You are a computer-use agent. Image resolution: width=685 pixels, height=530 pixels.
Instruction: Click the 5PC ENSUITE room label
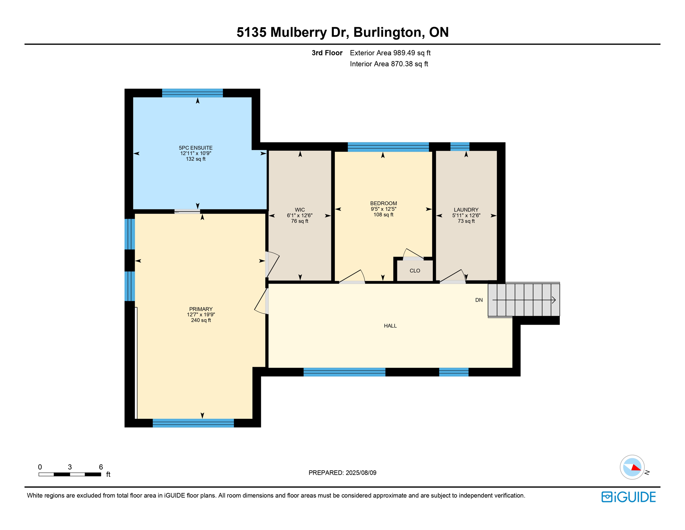(x=195, y=148)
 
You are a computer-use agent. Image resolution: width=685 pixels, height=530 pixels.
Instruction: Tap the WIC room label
(x=300, y=210)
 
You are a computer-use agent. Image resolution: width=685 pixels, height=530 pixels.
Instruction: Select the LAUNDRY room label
(x=466, y=210)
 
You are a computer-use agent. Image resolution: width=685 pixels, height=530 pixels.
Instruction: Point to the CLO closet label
(x=415, y=271)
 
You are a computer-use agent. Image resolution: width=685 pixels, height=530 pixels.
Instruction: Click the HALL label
(x=390, y=326)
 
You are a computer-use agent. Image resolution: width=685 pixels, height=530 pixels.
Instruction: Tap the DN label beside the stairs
(x=479, y=300)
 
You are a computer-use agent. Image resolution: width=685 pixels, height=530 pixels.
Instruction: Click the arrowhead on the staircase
(x=553, y=300)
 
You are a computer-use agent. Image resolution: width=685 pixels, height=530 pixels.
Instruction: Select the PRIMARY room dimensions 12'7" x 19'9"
(x=201, y=315)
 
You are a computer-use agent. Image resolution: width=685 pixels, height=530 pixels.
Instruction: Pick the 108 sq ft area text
(x=383, y=215)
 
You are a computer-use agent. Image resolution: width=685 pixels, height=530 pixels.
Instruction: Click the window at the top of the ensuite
(x=192, y=93)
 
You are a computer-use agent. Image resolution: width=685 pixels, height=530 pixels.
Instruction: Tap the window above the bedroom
(x=388, y=147)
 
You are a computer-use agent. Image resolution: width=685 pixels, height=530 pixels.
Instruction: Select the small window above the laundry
(x=460, y=146)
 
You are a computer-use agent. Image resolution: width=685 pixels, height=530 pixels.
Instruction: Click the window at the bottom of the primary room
(x=193, y=423)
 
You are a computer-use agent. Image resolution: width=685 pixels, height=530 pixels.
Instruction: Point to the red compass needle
(x=636, y=468)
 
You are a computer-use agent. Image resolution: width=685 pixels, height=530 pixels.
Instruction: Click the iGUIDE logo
(x=628, y=497)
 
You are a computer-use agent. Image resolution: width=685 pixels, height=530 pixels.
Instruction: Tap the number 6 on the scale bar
(x=101, y=467)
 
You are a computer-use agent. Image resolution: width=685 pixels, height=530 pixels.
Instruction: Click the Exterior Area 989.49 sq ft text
(x=390, y=53)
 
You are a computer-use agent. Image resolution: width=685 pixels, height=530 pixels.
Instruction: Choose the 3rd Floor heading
(x=327, y=53)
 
